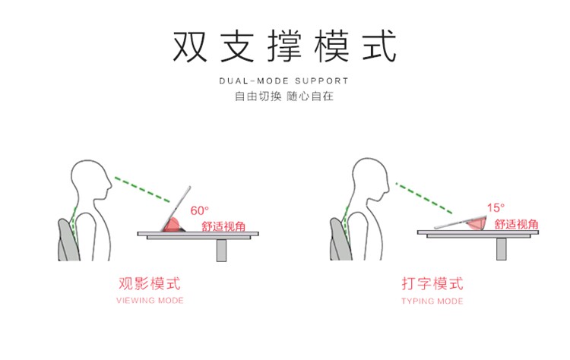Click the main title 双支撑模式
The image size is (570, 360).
[284, 47]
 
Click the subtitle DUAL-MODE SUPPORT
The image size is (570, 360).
[284, 81]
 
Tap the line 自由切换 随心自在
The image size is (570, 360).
[284, 97]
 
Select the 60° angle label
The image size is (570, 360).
[199, 210]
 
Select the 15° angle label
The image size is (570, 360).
[496, 207]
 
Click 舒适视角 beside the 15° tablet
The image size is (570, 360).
[517, 224]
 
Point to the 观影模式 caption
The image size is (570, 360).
[150, 284]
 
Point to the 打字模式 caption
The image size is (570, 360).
[432, 284]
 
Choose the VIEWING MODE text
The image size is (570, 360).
[150, 301]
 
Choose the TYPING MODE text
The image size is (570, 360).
[432, 301]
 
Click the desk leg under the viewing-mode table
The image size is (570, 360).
[221, 249]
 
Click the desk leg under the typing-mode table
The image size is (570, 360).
[502, 248]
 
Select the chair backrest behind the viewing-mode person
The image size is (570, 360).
[67, 238]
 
